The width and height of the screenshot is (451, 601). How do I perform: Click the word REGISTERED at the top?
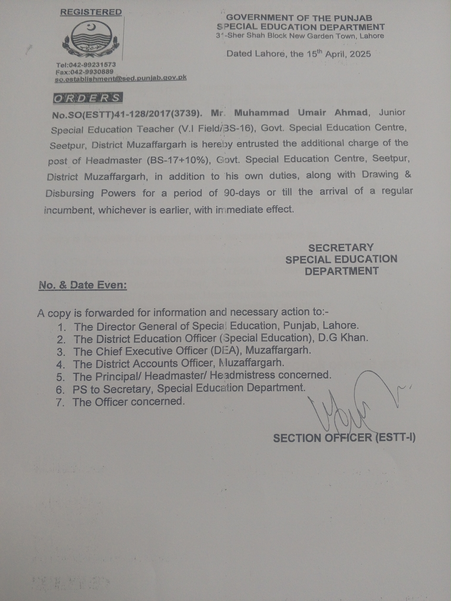(91, 12)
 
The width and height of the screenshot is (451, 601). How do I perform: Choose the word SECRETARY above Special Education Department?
(341, 248)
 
